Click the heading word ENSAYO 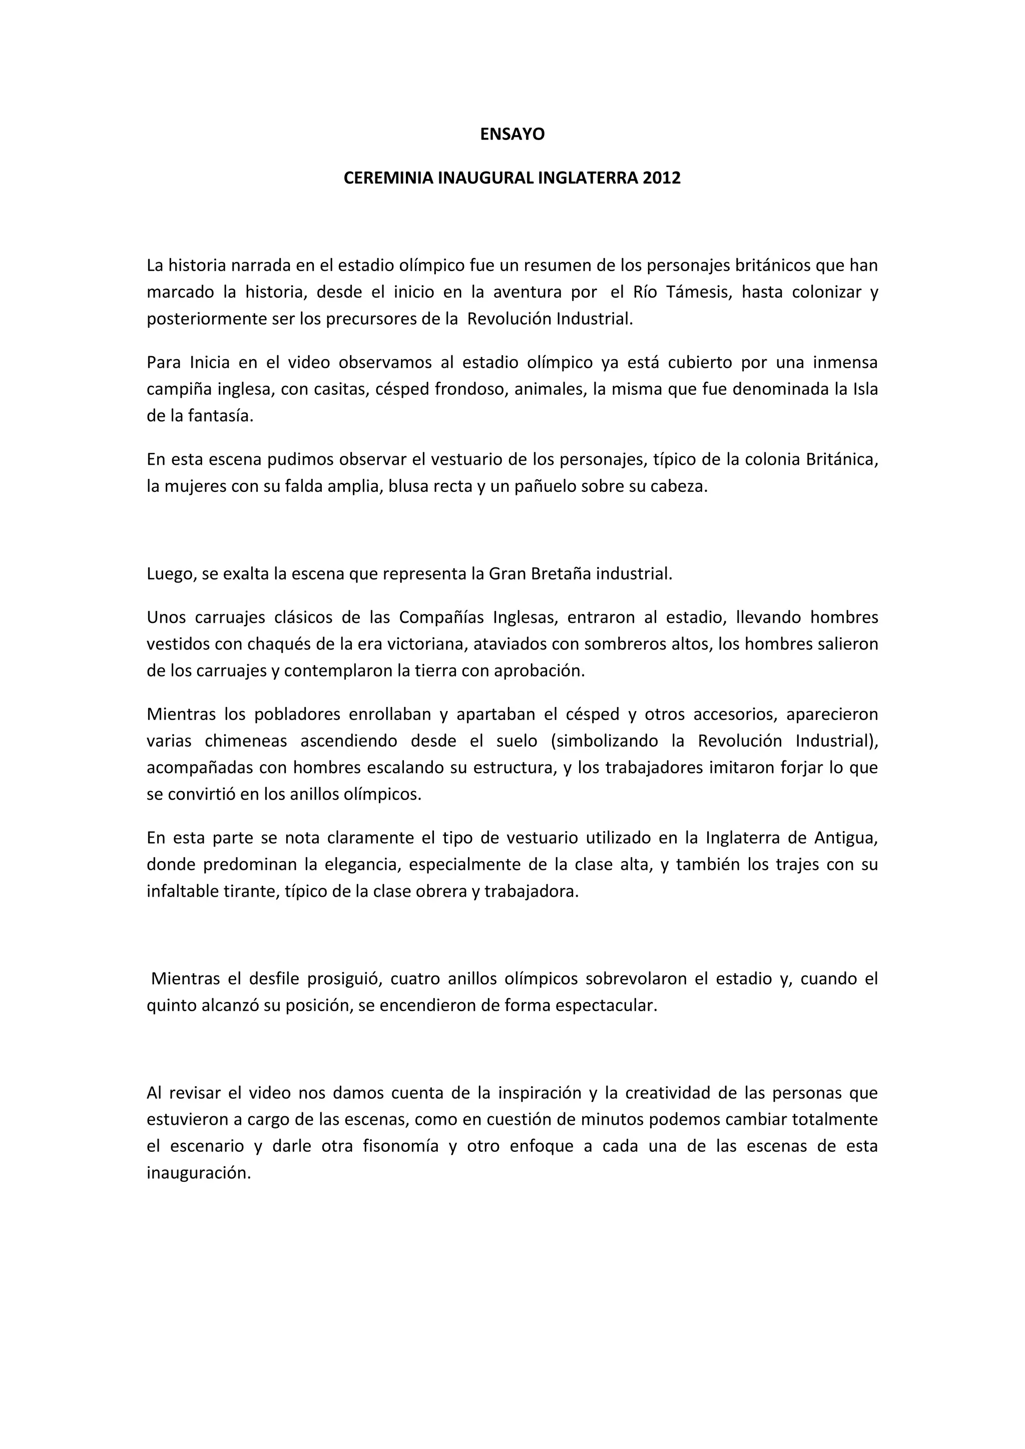pyautogui.click(x=512, y=135)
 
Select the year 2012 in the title pyautogui.click(x=662, y=178)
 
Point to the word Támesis pyautogui.click(x=699, y=292)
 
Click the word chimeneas pyautogui.click(x=246, y=741)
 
